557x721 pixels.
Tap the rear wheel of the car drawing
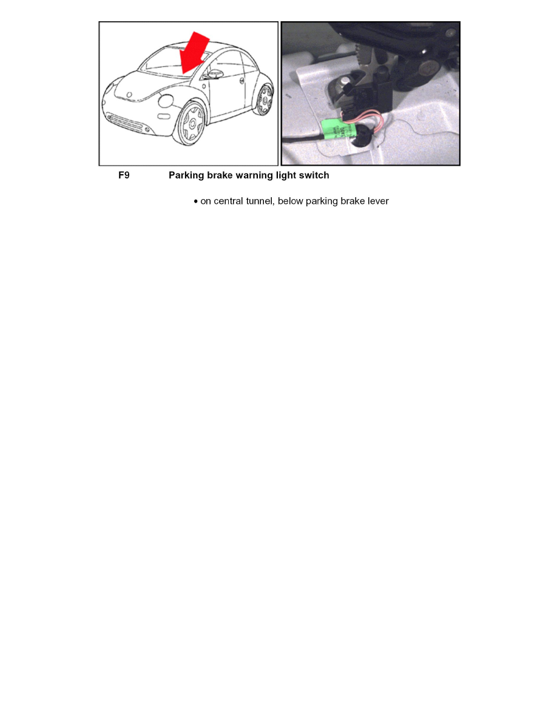264,100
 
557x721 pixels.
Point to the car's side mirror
214,75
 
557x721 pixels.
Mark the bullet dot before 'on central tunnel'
195,201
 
